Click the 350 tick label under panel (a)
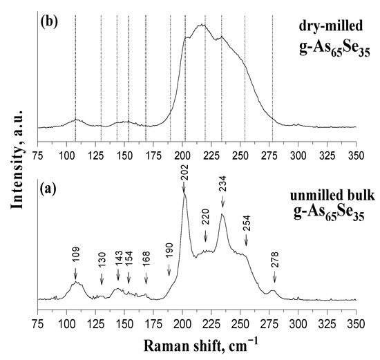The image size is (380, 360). [x=355, y=312]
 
